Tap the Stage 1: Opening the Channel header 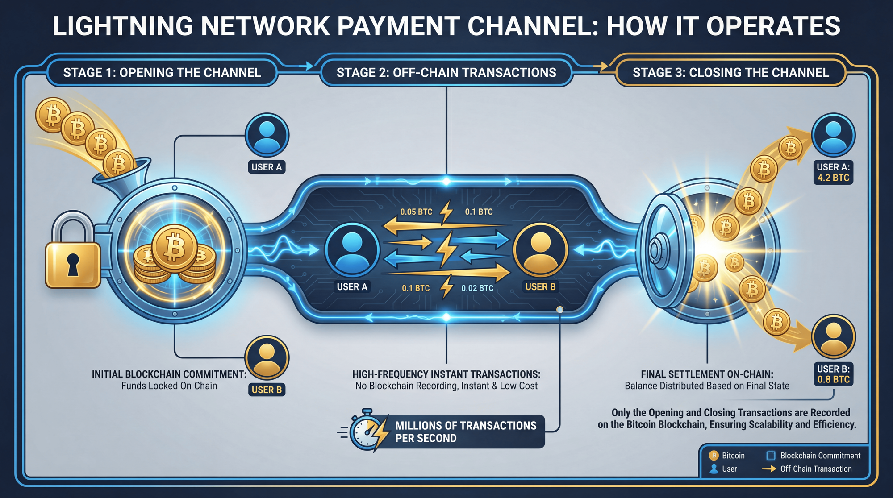click(x=162, y=73)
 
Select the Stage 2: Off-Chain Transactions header click(x=446, y=73)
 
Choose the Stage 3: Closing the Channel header click(x=730, y=73)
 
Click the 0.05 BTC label click(x=416, y=212)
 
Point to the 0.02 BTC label click(x=477, y=288)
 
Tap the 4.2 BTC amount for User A click(x=833, y=178)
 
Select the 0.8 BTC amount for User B click(x=833, y=380)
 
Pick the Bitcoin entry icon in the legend click(x=714, y=456)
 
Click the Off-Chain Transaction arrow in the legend click(x=769, y=469)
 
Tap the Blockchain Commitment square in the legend click(x=771, y=456)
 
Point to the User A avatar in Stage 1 click(x=267, y=135)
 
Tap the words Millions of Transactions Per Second click(x=466, y=432)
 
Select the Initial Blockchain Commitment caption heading click(x=169, y=374)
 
